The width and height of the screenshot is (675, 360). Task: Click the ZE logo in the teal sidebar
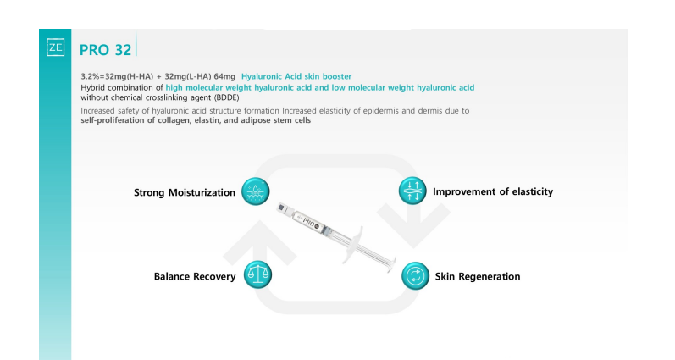click(x=56, y=47)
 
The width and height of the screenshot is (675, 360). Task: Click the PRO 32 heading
click(x=106, y=50)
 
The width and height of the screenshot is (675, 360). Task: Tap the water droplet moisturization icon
click(x=255, y=191)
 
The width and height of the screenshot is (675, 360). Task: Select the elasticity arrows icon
click(x=412, y=191)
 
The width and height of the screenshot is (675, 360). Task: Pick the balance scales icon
click(x=257, y=274)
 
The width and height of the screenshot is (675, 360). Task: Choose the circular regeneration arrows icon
click(x=416, y=276)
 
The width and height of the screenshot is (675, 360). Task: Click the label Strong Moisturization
click(x=185, y=192)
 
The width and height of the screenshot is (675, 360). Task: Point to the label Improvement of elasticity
click(x=493, y=191)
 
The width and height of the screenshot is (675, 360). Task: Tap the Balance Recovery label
click(x=195, y=276)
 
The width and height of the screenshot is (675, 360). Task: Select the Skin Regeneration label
click(x=478, y=276)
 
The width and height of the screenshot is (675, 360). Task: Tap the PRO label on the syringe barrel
click(x=309, y=222)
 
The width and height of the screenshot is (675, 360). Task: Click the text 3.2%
click(x=91, y=76)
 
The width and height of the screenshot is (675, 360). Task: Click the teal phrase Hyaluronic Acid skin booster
click(x=296, y=76)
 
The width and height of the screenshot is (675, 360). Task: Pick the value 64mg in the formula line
click(x=224, y=76)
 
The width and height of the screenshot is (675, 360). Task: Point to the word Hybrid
click(x=92, y=88)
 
